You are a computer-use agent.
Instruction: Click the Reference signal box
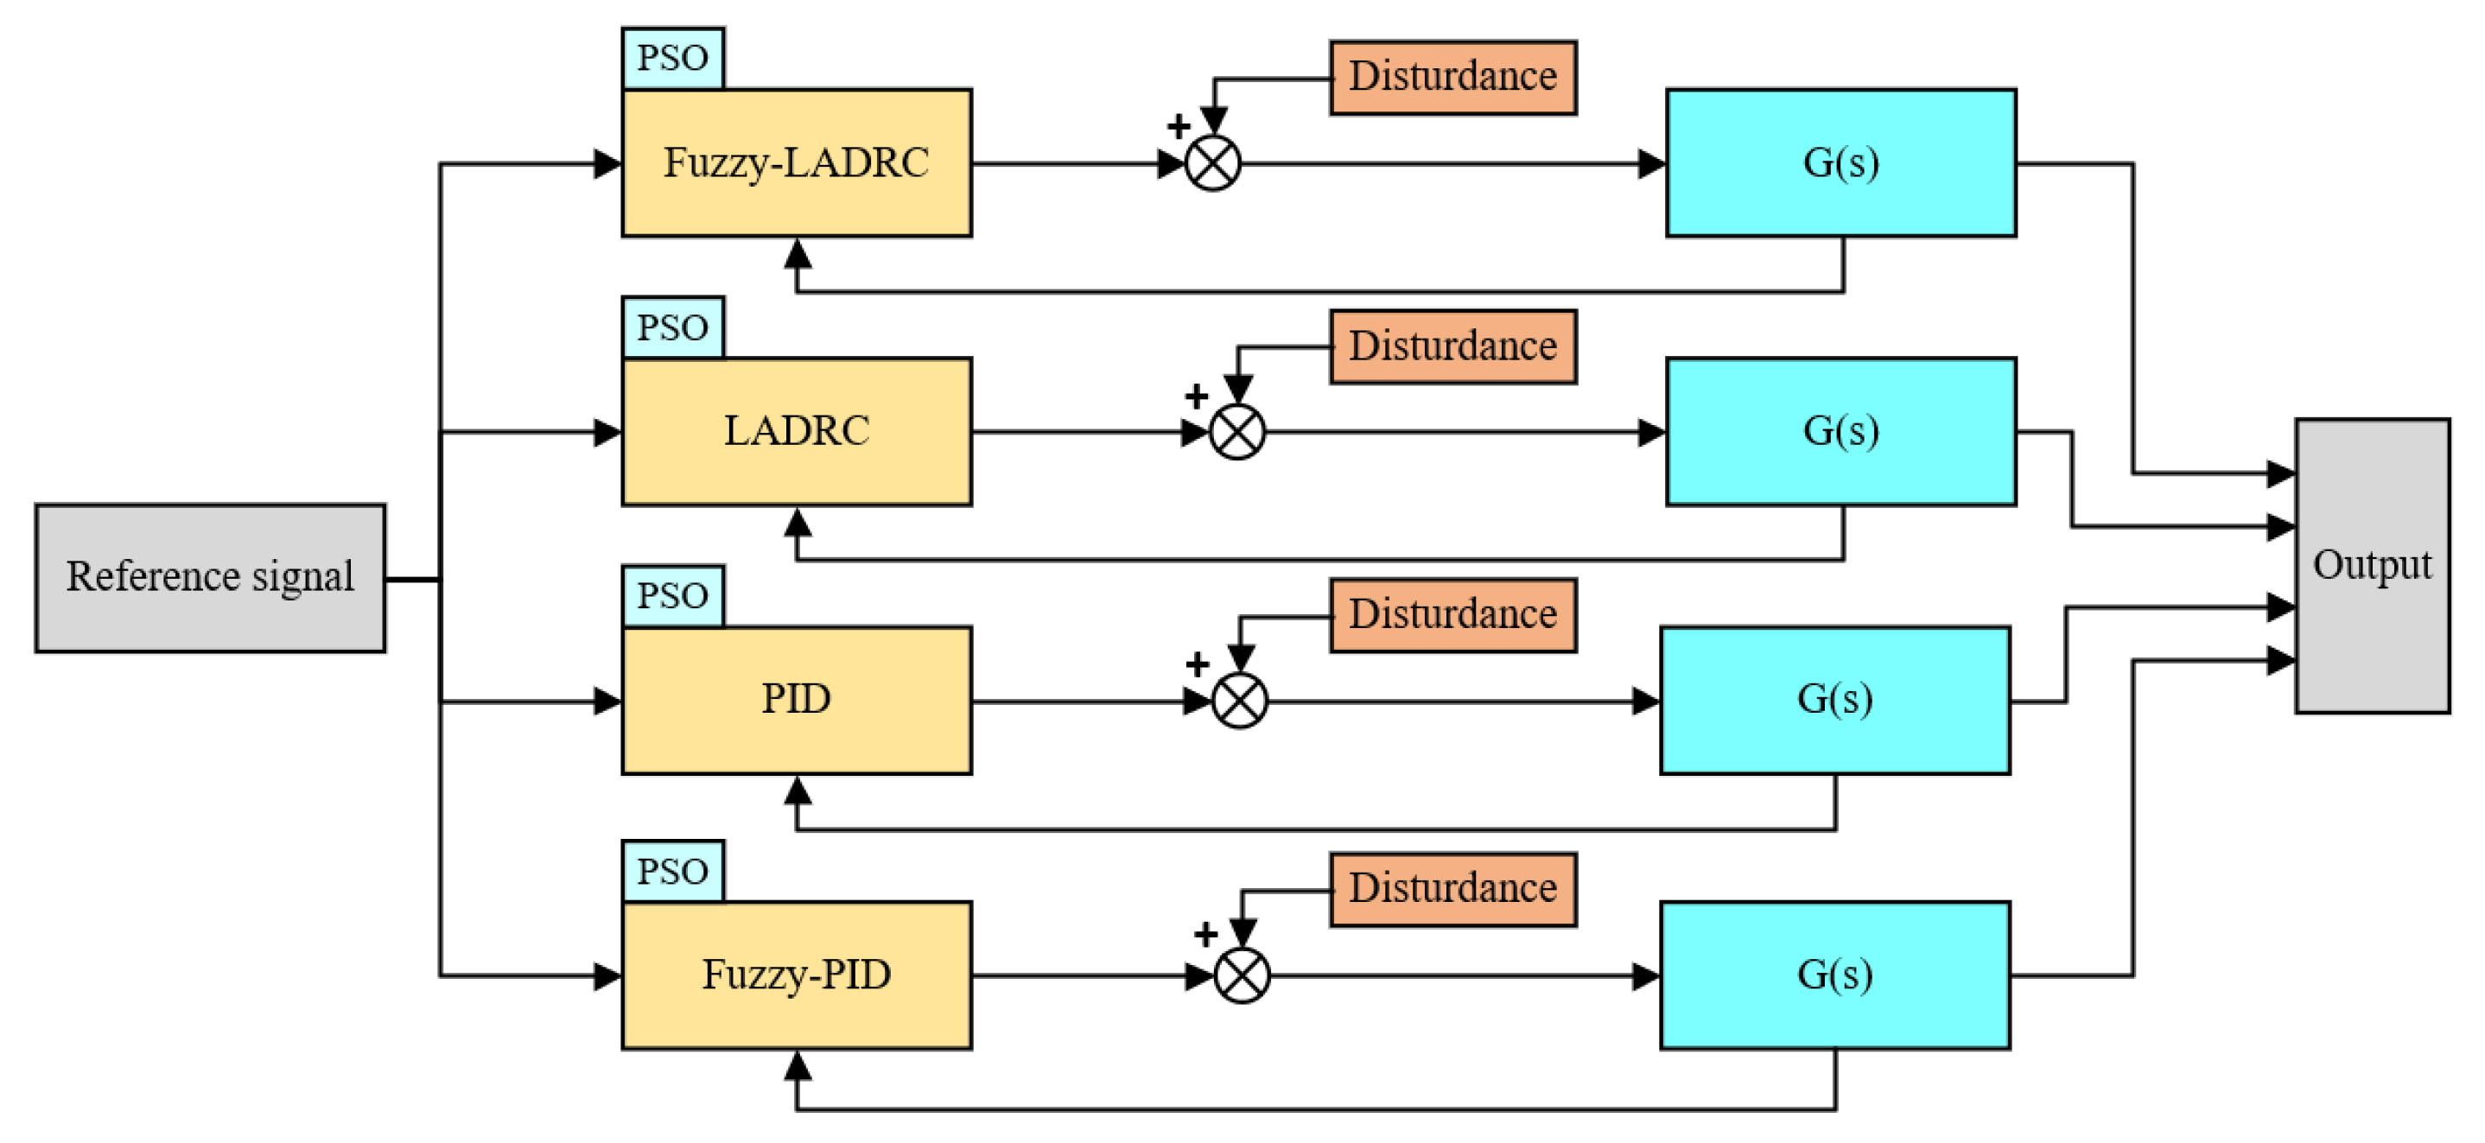coord(210,578)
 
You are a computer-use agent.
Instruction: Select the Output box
coord(2372,565)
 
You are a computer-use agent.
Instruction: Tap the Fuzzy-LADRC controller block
coord(797,163)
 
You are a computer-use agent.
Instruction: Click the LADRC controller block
coord(797,431)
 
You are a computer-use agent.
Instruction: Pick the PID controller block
coord(797,701)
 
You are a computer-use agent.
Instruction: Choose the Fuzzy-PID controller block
coord(797,975)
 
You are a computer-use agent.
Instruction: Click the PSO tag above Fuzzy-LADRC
coord(673,59)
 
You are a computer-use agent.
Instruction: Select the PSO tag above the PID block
coord(673,596)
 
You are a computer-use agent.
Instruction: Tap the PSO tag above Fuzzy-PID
coord(673,871)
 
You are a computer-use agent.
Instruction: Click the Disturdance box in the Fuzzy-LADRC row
coord(1452,77)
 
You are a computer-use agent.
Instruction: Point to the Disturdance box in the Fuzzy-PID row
coord(1452,888)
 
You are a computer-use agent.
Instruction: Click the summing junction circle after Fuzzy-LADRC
coord(1212,164)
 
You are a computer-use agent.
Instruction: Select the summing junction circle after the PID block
coord(1240,702)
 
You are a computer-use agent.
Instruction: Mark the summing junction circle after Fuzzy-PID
coord(1242,975)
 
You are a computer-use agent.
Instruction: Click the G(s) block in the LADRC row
coord(1840,431)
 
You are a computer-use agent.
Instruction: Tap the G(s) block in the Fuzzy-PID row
coord(1835,975)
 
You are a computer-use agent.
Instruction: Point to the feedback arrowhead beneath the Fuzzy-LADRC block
coord(797,253)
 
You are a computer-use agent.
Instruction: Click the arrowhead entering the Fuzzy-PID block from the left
coord(607,976)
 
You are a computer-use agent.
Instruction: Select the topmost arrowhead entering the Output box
coord(2280,473)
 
